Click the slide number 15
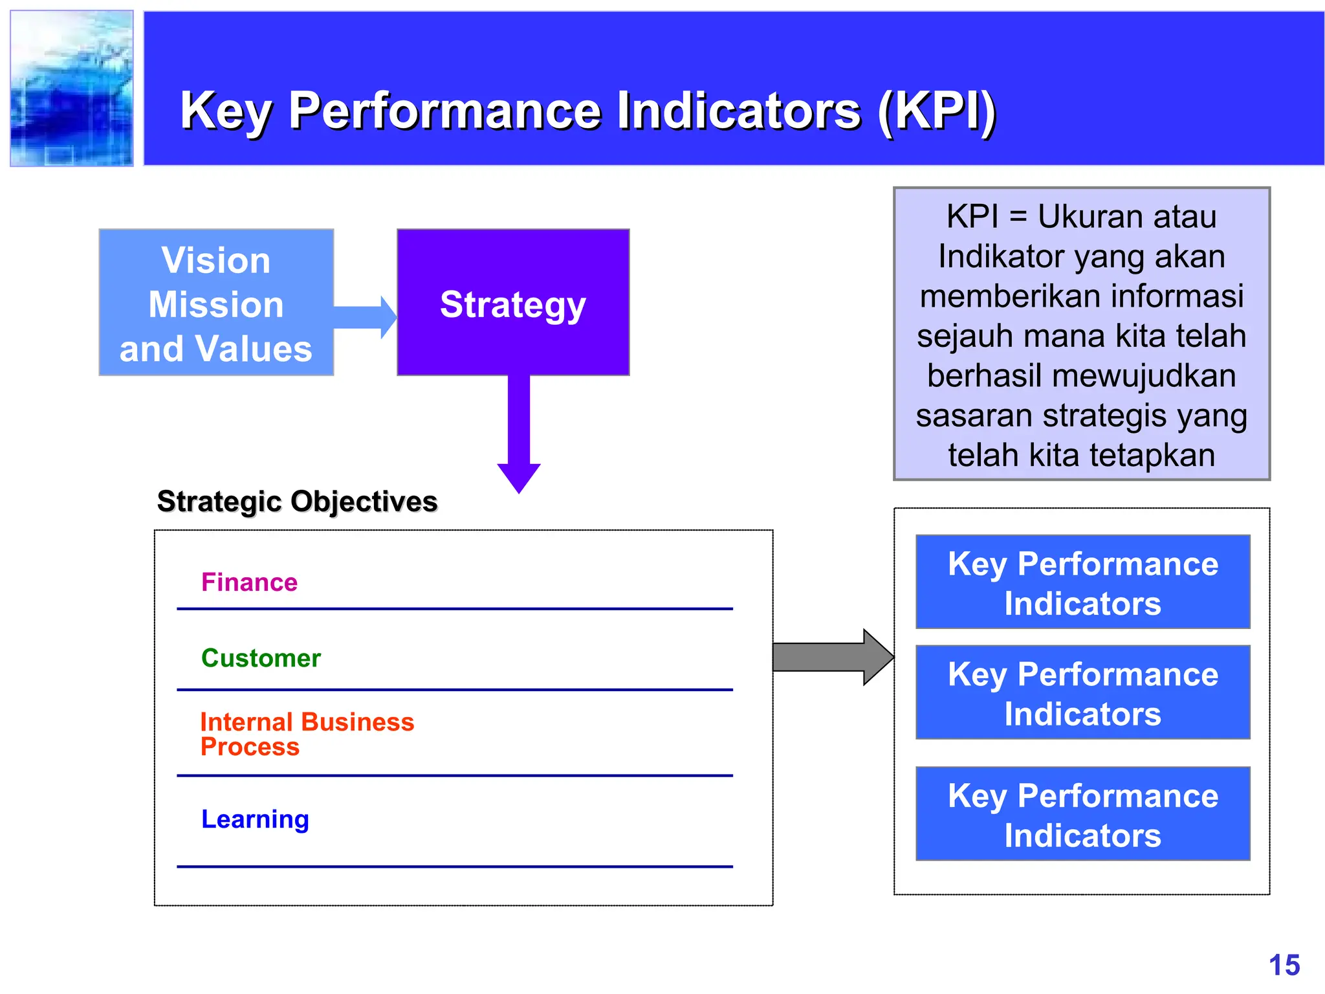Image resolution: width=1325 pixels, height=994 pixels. click(1284, 965)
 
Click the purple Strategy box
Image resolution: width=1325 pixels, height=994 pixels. click(513, 302)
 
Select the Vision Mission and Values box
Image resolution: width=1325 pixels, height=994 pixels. click(216, 302)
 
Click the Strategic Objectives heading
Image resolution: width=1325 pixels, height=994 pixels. click(297, 502)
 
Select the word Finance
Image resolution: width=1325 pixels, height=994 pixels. click(249, 582)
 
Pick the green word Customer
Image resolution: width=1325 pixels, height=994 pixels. click(261, 658)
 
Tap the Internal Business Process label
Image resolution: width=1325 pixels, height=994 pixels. click(307, 734)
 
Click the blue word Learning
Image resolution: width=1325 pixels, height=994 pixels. click(255, 819)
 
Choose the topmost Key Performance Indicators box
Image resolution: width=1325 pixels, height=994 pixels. click(1082, 582)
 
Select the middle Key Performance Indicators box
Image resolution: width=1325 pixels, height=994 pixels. click(1082, 692)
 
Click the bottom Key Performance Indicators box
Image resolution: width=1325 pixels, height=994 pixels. click(1082, 814)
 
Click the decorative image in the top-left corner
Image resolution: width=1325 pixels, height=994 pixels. click(72, 89)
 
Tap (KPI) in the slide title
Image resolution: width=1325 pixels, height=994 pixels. click(936, 111)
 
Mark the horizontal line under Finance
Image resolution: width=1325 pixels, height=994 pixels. click(454, 609)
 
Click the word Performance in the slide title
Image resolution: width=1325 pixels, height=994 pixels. click(445, 111)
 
